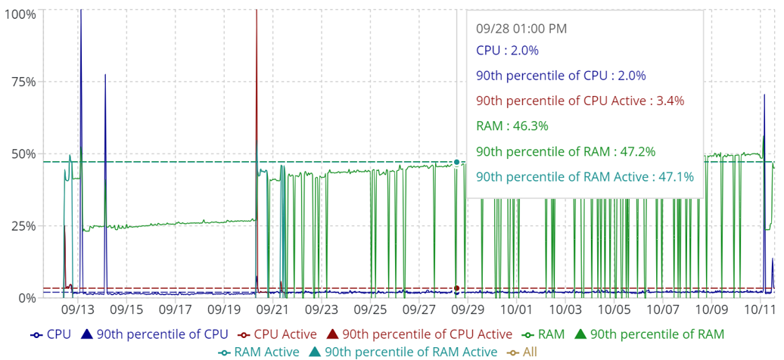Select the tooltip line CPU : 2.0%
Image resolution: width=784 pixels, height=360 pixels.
coord(507,51)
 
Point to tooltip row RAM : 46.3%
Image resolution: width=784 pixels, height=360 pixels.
coord(512,126)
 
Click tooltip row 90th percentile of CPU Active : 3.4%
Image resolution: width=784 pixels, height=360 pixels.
coord(580,101)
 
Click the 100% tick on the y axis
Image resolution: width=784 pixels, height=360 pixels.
coord(20,14)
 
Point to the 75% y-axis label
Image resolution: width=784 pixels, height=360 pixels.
coord(23,82)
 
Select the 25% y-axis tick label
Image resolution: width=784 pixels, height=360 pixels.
coord(23,226)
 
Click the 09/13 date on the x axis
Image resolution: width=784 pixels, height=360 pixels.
coord(77,310)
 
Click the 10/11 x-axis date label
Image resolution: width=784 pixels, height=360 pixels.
coord(760,310)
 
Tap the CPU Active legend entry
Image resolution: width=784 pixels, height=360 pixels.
coord(281,334)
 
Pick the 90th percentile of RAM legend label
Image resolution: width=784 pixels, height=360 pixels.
coord(657,334)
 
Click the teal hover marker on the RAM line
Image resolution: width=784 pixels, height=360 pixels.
coord(457,163)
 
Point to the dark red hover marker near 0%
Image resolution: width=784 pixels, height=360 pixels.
coord(457,288)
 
